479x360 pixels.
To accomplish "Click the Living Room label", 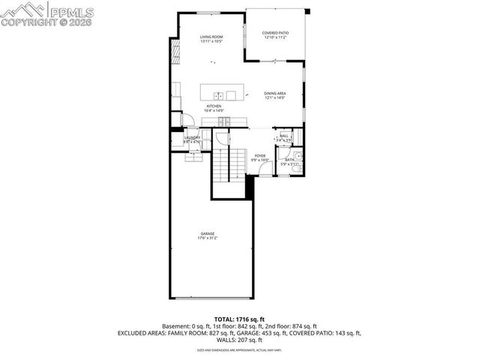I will tap(210, 36).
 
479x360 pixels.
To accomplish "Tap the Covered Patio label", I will tap(275, 33).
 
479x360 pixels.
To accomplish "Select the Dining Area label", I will tap(275, 94).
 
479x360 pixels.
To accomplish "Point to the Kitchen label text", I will tap(214, 106).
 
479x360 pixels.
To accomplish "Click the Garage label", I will tap(207, 233).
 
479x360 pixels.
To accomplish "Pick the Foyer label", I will tap(259, 156).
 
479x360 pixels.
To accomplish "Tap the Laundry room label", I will tap(192, 138).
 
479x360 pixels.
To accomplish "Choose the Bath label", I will tap(289, 158).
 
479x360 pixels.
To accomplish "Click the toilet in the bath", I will tap(298, 157).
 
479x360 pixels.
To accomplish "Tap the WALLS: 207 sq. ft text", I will tap(239, 340).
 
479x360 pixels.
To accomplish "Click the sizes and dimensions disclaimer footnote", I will tap(239, 349).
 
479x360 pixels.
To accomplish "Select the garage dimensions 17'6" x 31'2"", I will tap(207, 238).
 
